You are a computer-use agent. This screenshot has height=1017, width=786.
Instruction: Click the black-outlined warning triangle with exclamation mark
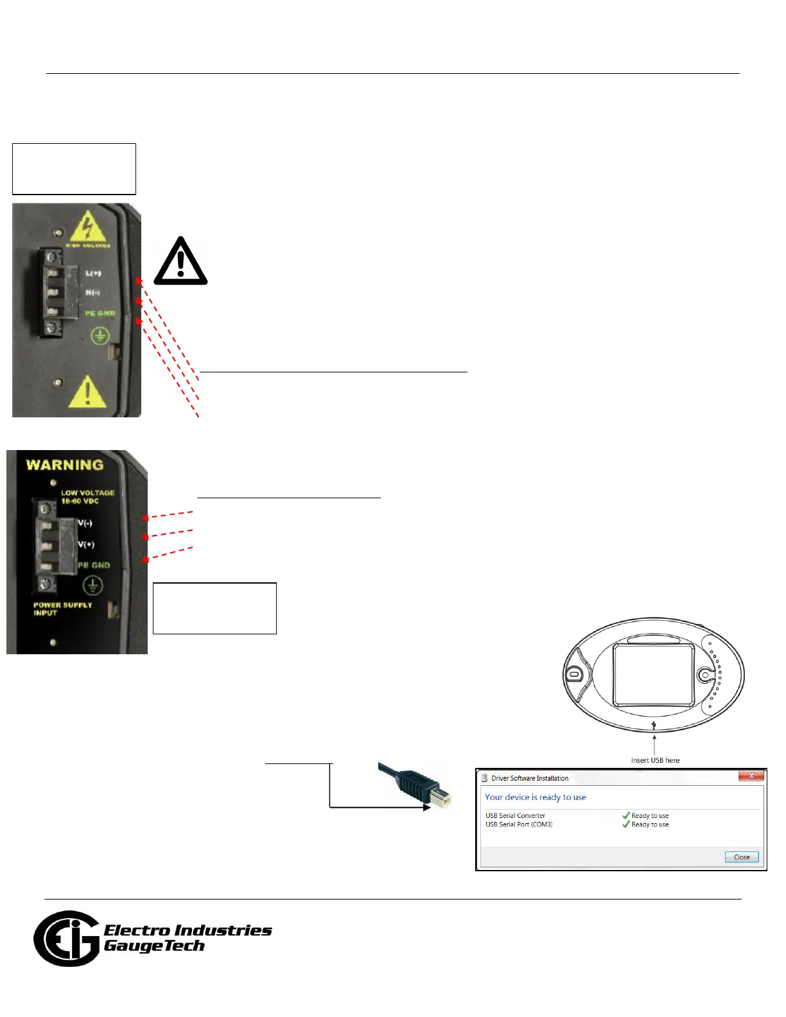point(181,262)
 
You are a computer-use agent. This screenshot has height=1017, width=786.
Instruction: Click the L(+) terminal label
point(94,274)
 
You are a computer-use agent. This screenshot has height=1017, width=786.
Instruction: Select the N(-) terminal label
point(93,293)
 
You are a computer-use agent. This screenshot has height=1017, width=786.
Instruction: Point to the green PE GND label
point(100,313)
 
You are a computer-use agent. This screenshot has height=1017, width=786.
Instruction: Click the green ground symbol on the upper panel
point(100,335)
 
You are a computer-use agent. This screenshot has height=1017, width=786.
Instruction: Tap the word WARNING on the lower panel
point(65,465)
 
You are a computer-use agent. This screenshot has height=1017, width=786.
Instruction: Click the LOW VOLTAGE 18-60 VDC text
point(87,497)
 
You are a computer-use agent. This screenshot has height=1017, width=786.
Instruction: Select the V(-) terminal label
point(85,523)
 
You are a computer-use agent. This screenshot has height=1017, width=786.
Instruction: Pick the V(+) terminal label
point(86,544)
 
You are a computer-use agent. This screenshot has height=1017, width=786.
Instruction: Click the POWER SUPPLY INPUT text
point(62,609)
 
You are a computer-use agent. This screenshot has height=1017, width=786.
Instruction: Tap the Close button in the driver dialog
point(742,857)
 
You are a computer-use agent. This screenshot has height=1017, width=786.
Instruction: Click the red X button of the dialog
point(751,776)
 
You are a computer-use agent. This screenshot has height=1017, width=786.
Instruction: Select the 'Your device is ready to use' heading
point(535,797)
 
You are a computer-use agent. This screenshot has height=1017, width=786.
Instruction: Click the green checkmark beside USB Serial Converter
point(625,815)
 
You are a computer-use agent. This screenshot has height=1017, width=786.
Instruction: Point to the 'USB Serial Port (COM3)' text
point(519,824)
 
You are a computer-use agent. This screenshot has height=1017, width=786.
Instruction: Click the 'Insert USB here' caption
point(655,760)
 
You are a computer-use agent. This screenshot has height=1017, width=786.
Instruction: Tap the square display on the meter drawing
point(654,674)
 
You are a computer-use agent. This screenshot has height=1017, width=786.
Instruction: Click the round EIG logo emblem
point(66,939)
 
